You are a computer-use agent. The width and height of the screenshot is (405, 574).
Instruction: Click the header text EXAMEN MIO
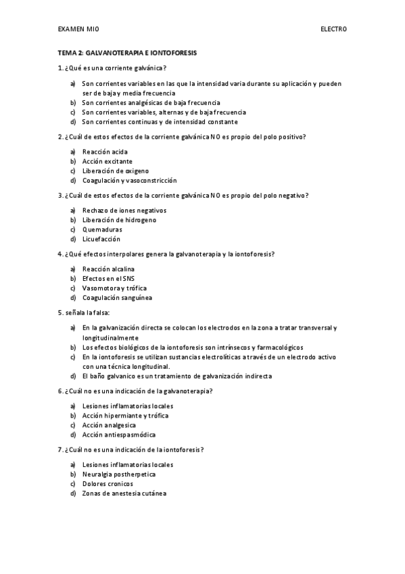[78, 30]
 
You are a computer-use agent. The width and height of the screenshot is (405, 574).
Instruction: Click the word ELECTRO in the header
[333, 30]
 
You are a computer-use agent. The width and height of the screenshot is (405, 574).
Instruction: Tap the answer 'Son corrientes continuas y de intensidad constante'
[160, 122]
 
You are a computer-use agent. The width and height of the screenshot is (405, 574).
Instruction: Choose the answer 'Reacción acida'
[105, 152]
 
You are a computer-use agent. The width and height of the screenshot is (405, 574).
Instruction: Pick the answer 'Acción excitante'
[107, 161]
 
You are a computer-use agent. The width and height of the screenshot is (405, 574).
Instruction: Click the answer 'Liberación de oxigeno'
[115, 171]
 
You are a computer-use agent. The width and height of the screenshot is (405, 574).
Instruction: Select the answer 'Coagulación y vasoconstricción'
[129, 181]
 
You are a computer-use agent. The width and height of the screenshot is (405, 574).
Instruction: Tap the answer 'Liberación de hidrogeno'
[119, 220]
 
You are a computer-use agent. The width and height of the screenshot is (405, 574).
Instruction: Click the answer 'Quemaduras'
[102, 229]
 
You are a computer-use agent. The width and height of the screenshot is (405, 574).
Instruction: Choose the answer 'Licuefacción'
[101, 239]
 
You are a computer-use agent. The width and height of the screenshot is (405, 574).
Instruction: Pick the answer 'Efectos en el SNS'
[109, 278]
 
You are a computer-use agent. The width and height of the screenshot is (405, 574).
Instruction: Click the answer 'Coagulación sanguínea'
[117, 298]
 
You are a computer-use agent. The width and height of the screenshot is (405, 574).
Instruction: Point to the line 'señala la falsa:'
[84, 313]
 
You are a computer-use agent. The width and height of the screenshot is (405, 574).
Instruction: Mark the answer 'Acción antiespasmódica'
[118, 435]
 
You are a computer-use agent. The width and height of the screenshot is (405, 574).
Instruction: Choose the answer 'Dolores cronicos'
[108, 484]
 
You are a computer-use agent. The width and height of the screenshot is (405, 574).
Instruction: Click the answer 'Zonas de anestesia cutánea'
[124, 493]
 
